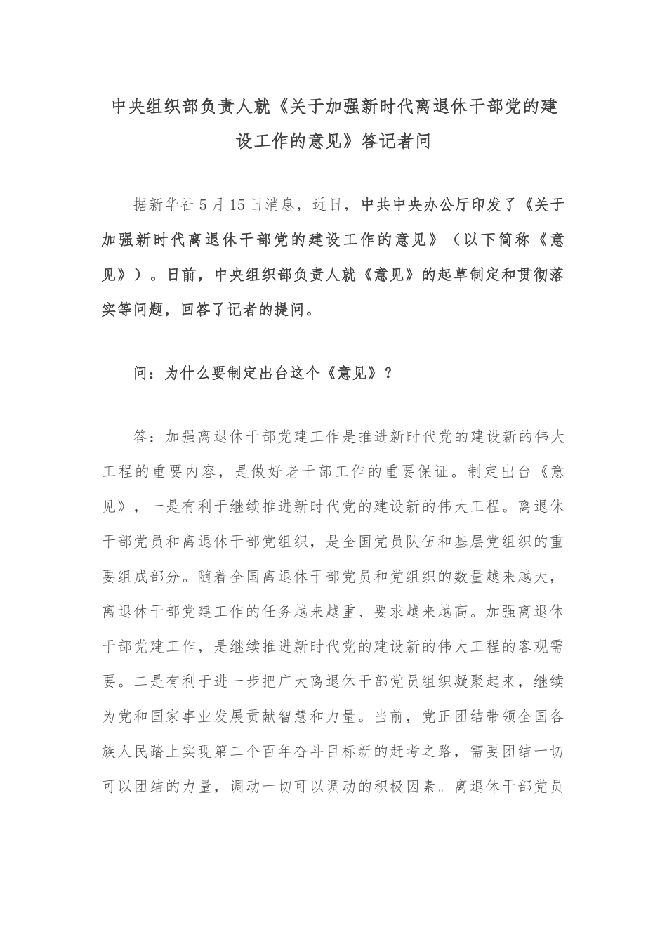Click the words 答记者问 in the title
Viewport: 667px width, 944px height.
(395, 142)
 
